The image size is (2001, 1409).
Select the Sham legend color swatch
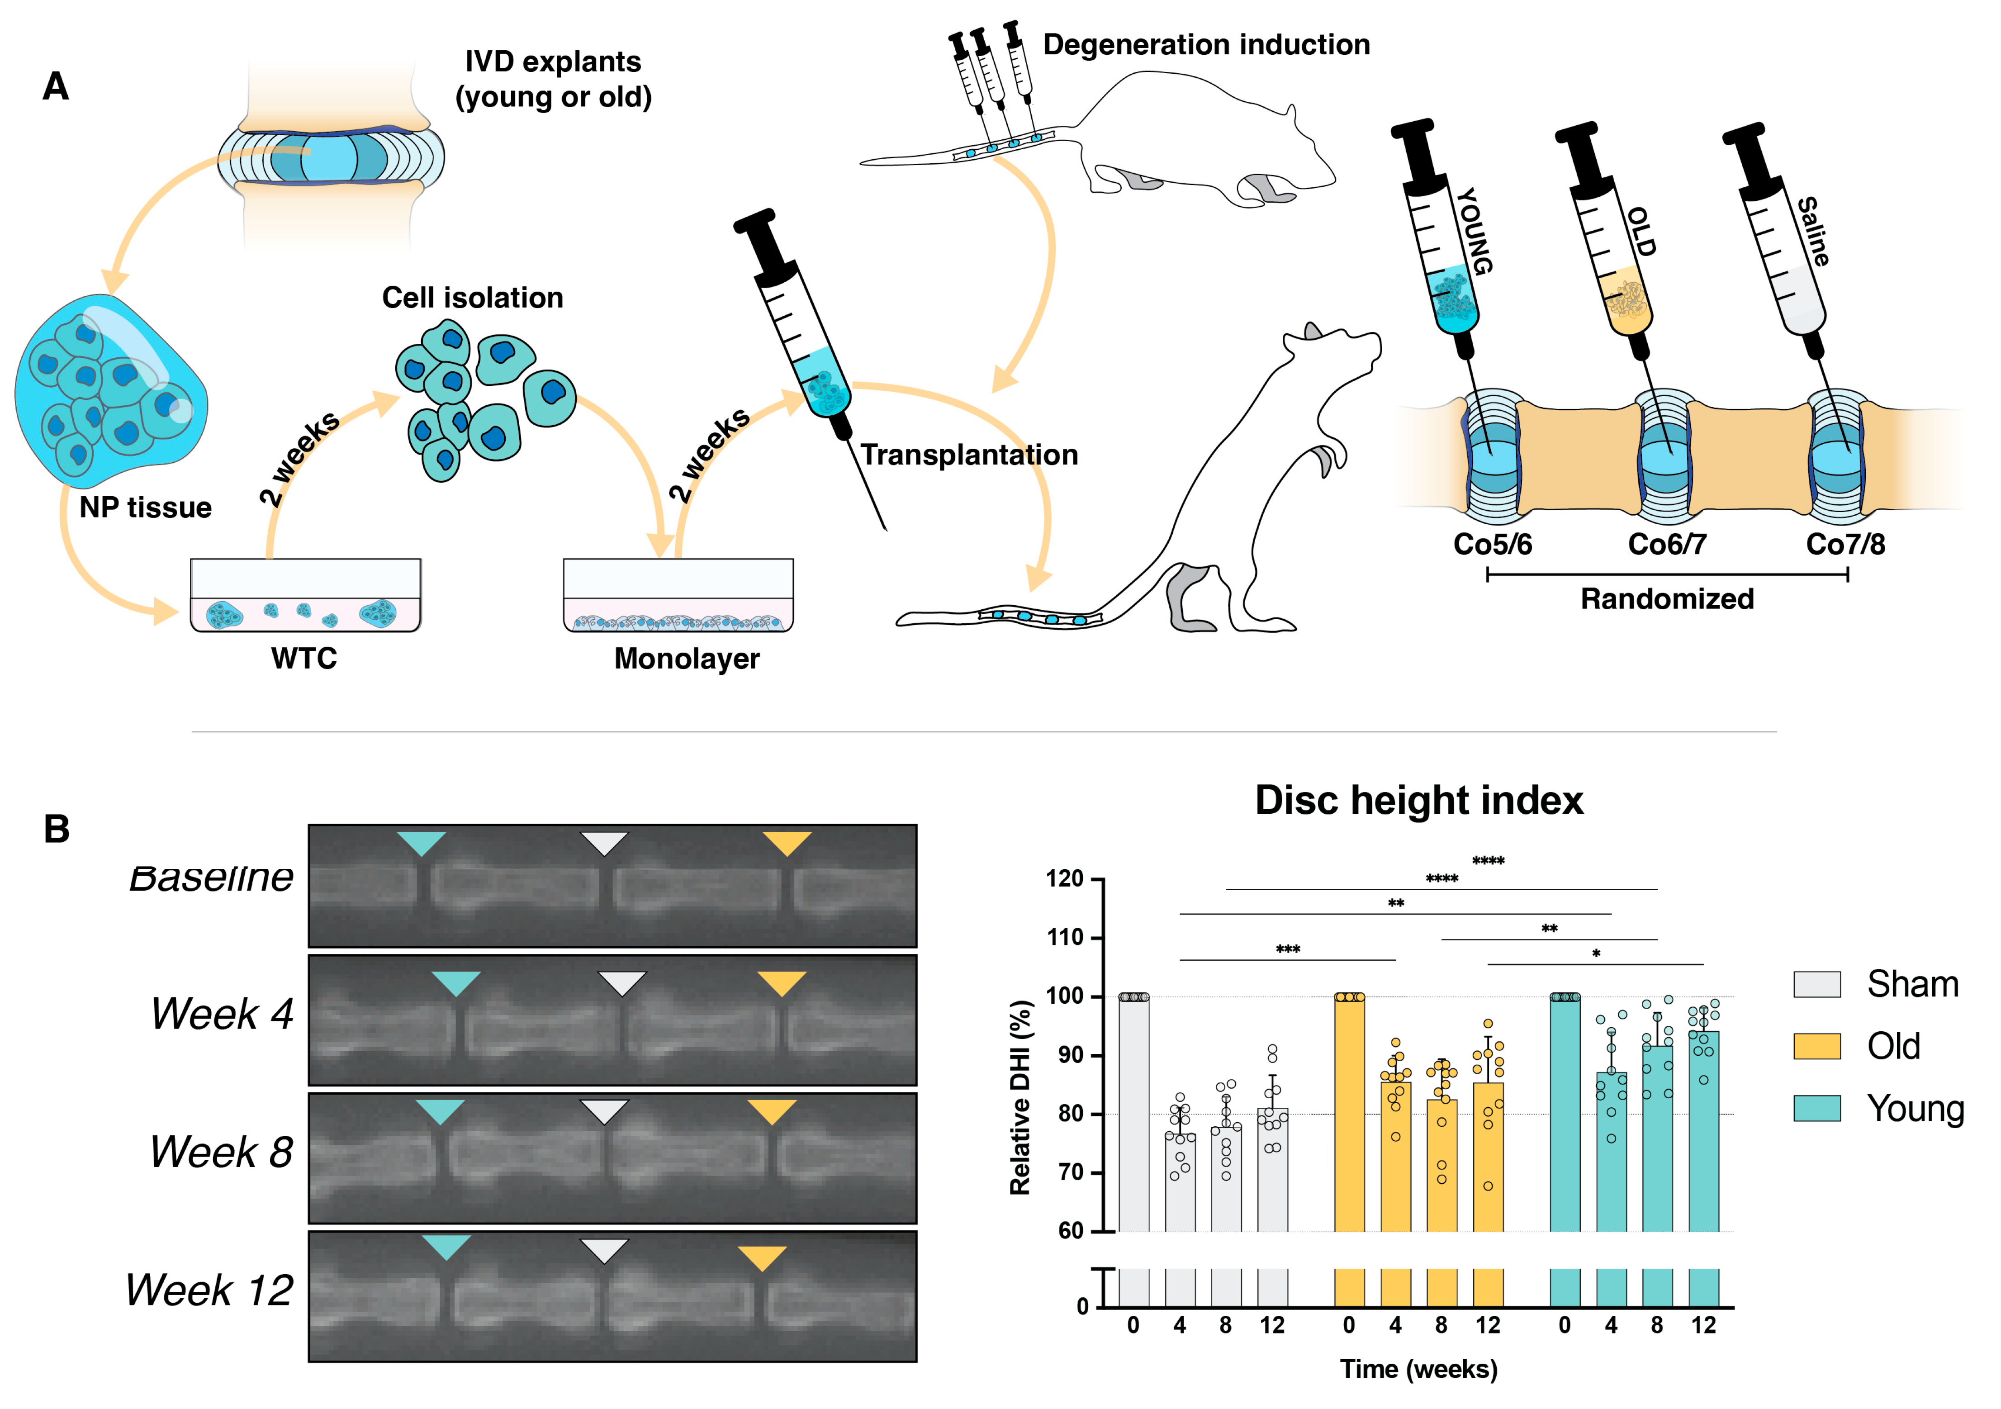1816,984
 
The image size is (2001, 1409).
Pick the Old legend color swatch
1816,1046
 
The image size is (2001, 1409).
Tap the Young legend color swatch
1816,1107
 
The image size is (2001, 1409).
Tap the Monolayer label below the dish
687,658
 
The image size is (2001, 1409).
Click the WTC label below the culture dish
303,658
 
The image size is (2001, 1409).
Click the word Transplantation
969,455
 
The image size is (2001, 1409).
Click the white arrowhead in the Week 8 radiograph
604,1110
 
